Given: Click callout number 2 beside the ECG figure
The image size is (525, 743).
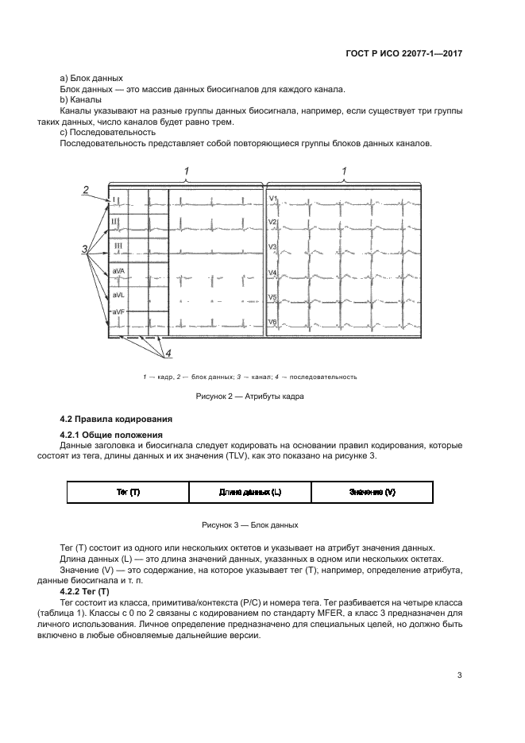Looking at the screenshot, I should (x=84, y=188).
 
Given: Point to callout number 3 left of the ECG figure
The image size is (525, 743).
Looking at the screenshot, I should (x=84, y=250).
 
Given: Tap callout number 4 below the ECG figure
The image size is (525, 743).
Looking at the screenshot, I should (x=167, y=352).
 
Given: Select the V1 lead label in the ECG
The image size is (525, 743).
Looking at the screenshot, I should (x=272, y=198).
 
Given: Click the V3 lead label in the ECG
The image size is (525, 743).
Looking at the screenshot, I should (x=272, y=247).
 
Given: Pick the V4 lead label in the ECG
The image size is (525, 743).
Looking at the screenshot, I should (x=272, y=273).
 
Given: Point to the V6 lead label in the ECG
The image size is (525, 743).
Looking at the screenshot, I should (x=272, y=322).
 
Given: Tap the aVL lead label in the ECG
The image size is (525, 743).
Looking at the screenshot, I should (x=118, y=294).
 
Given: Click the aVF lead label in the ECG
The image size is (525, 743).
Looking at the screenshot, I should (x=118, y=312).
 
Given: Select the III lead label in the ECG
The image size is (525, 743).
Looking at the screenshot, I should (x=117, y=246).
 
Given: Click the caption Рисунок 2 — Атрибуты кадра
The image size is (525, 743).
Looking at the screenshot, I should (x=250, y=396).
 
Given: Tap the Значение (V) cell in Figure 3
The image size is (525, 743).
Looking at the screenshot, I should (x=372, y=493).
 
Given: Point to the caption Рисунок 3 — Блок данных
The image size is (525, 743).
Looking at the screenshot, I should (x=250, y=525).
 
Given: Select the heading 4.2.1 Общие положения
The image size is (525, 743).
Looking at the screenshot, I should (x=112, y=435).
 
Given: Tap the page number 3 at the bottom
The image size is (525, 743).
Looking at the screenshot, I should (x=459, y=675).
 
